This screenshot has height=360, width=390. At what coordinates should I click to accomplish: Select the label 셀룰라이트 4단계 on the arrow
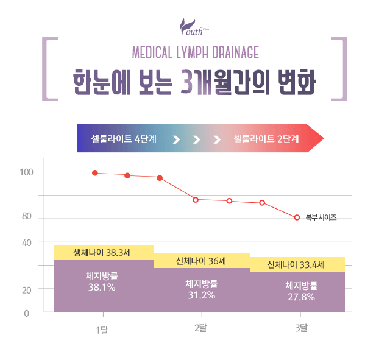(124, 139)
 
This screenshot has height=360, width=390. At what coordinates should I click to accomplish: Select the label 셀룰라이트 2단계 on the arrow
(266, 139)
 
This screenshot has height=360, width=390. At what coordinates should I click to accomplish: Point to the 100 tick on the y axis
(26, 172)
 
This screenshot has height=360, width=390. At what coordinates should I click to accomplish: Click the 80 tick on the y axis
(27, 216)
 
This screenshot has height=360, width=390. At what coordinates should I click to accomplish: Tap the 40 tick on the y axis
(27, 242)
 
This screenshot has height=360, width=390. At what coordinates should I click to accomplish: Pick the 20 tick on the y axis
(27, 290)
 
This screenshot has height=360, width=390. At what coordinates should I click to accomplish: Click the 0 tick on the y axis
(27, 314)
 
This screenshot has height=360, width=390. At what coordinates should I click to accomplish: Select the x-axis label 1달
(102, 330)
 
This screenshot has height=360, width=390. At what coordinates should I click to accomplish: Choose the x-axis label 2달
(200, 329)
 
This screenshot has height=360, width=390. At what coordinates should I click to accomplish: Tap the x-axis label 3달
(300, 329)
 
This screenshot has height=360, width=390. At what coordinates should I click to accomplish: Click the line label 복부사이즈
(321, 217)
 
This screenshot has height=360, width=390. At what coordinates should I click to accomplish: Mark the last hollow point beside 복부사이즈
(297, 217)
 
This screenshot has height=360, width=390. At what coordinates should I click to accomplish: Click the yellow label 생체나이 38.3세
(103, 252)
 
